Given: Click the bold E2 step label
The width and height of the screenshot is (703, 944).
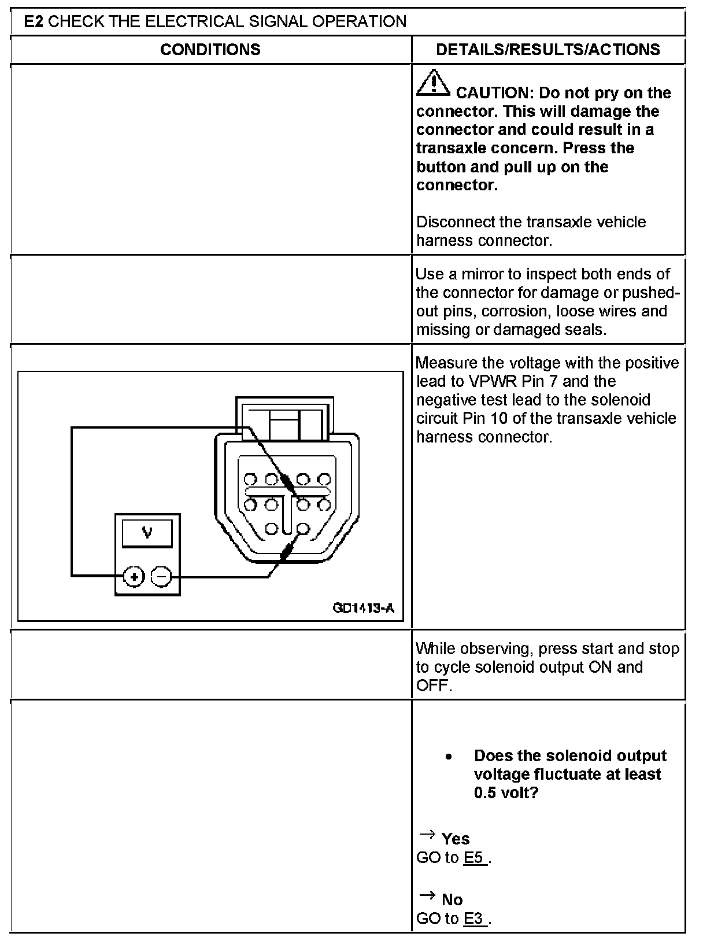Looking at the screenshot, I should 34,22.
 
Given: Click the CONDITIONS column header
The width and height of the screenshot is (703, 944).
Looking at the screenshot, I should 210,50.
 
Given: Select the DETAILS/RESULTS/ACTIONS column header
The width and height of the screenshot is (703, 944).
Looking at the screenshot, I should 548,50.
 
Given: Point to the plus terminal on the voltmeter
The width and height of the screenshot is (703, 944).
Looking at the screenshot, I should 134,577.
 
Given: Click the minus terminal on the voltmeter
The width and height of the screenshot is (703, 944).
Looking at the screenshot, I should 162,577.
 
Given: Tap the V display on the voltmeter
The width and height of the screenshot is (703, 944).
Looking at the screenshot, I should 147,533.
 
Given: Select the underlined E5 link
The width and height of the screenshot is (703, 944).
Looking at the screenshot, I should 475,857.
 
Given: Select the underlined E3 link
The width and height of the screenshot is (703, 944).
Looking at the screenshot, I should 475,918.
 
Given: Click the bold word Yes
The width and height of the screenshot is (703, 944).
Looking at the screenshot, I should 456,839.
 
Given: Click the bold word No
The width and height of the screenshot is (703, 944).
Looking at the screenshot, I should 452,899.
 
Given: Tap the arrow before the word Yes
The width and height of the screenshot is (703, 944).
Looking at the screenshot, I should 427,835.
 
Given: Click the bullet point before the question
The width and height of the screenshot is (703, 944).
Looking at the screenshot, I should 448,757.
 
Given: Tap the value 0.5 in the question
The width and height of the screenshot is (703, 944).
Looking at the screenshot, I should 485,792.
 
